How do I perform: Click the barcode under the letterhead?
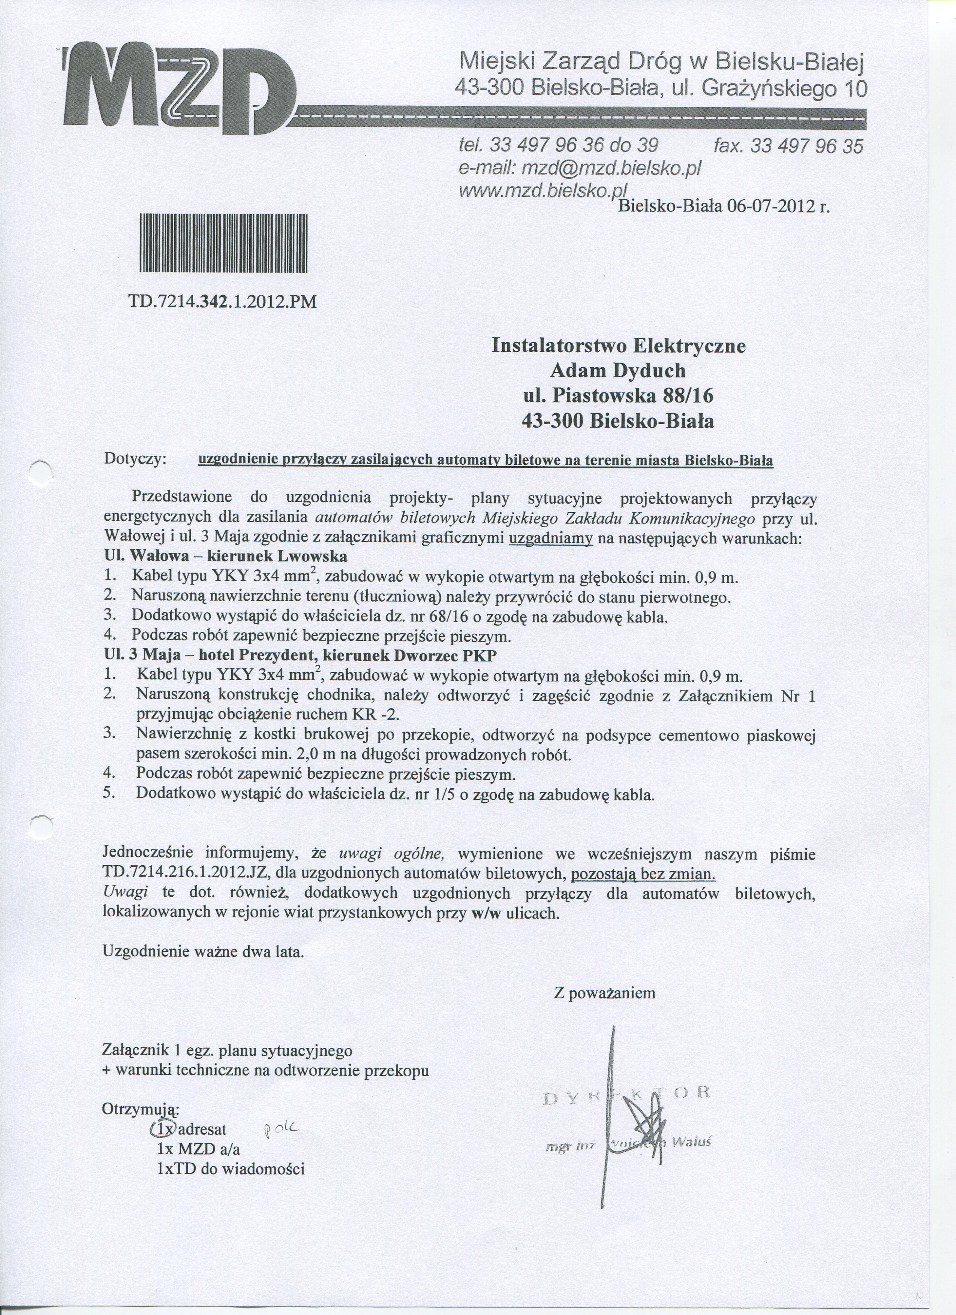tap(223, 243)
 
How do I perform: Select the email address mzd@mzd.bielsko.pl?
tap(611, 168)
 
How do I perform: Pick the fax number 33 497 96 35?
tap(806, 145)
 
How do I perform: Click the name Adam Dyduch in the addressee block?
tap(618, 371)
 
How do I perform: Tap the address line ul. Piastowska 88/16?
tap(618, 396)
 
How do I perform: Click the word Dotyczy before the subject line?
tap(135, 459)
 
